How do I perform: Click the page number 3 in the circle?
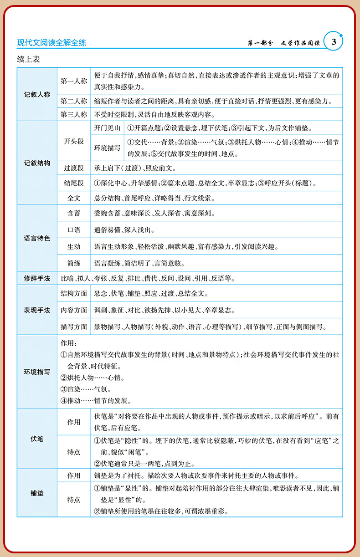point(334,42)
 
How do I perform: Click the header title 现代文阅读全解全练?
point(51,43)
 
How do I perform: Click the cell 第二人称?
point(74,101)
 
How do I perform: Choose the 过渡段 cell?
point(74,168)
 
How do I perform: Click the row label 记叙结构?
point(37,163)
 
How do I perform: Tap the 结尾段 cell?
point(74,183)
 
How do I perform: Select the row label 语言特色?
point(37,238)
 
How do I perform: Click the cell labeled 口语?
point(74,230)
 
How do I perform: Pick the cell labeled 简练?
point(74,263)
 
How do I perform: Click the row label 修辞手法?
point(37,278)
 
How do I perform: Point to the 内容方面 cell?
point(74,310)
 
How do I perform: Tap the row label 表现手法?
point(37,310)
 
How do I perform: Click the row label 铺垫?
point(37,493)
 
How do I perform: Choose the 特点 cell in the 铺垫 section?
point(74,500)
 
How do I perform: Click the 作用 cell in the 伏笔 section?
point(74,422)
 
